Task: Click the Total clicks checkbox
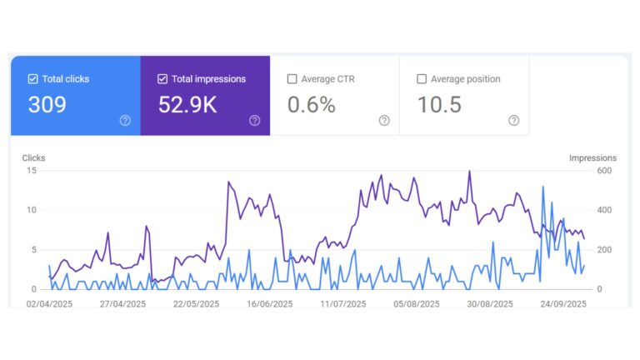pos(33,79)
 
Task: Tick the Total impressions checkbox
pos(162,79)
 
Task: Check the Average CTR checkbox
pos(292,79)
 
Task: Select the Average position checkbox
pos(422,79)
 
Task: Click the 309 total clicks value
pos(47,105)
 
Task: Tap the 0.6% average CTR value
pos(311,105)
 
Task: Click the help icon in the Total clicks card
pos(125,121)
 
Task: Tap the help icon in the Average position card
pos(513,121)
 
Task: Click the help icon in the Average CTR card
pos(384,121)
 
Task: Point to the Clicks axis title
pos(34,157)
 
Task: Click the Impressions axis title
pos(592,157)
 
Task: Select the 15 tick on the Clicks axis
pos(32,170)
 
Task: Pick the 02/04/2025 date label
pos(49,304)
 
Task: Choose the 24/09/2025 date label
pos(563,304)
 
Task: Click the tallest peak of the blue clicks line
pos(543,187)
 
